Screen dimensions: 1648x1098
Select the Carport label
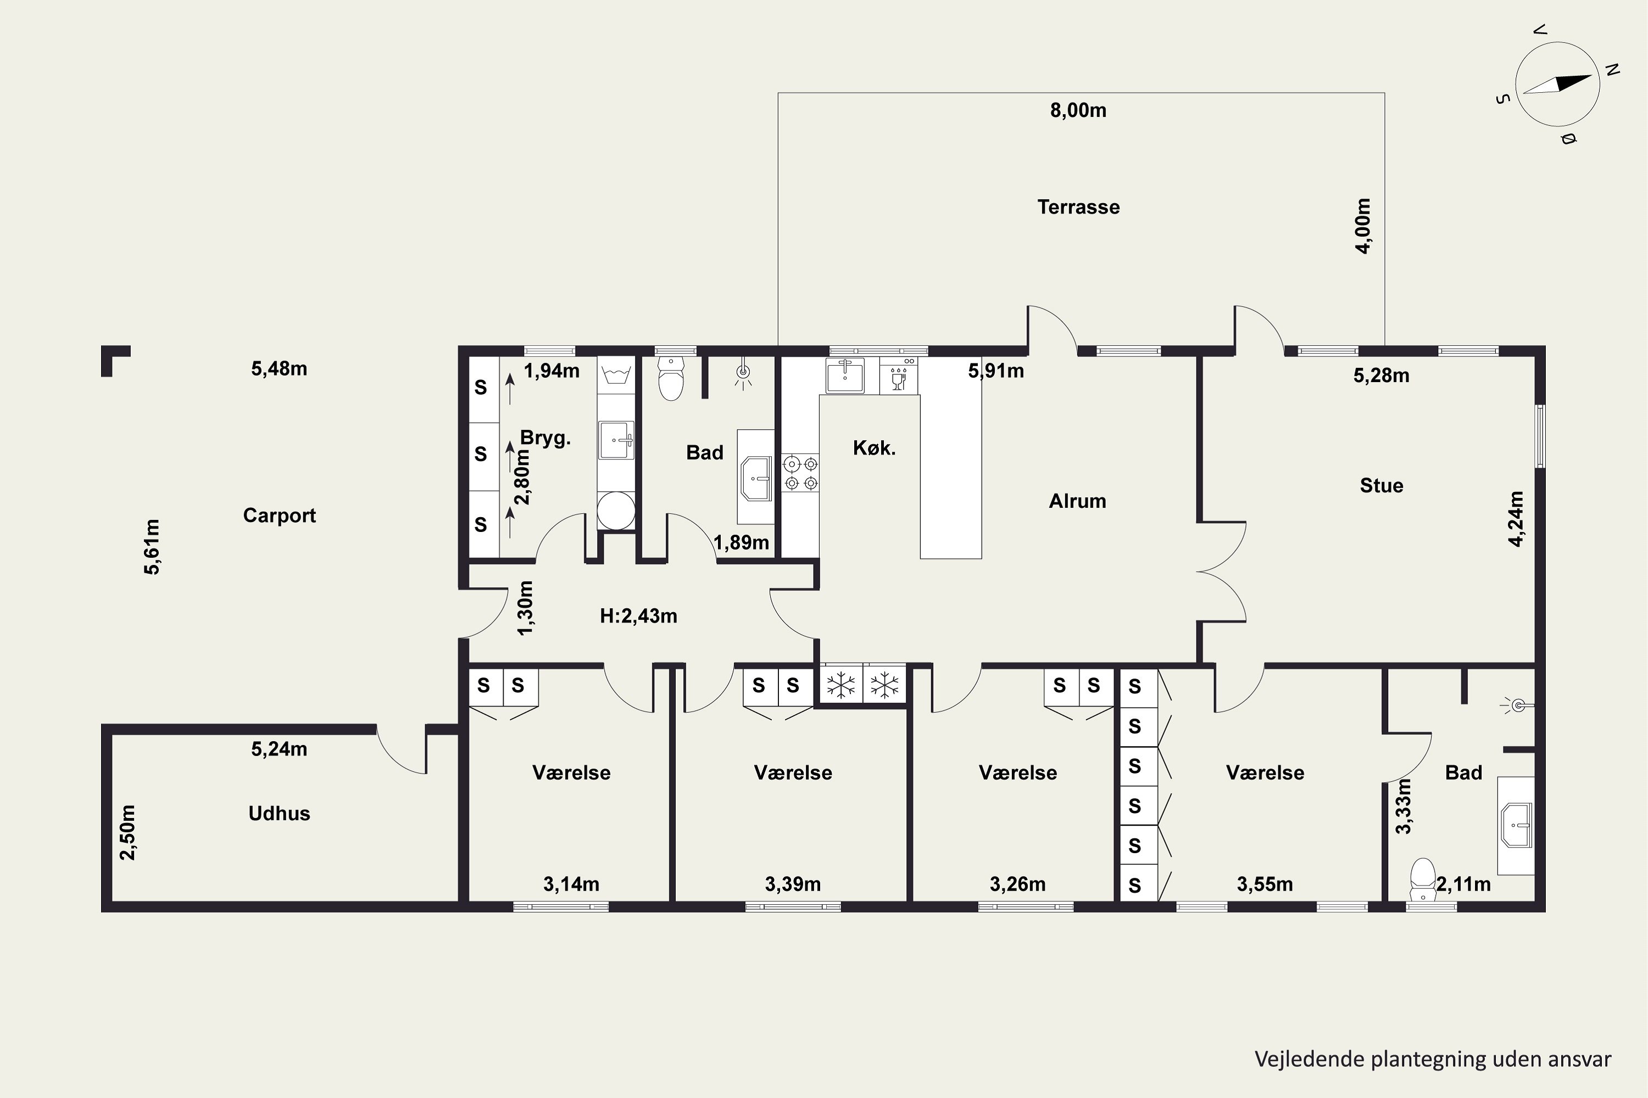279,516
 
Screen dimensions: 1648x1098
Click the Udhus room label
279,813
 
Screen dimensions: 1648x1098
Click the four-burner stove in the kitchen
800,473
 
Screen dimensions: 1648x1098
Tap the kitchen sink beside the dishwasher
844,376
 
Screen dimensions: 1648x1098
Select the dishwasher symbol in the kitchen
898,376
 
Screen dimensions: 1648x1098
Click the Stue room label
1381,485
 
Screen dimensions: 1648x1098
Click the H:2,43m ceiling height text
638,615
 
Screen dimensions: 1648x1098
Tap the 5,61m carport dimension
152,546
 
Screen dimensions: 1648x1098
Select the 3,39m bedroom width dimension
793,884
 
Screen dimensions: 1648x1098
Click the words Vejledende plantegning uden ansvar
1433,1059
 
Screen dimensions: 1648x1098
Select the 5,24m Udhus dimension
279,749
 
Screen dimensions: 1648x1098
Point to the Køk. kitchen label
874,447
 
